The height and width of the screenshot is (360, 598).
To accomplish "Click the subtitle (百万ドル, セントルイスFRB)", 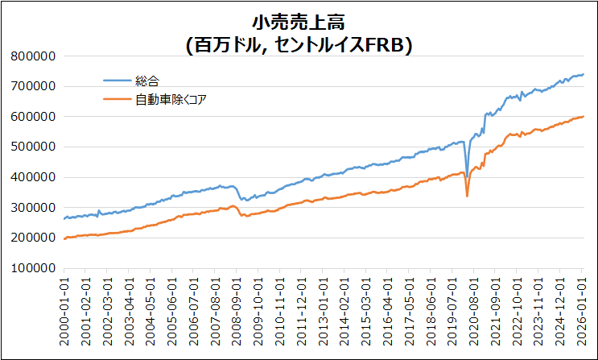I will point(299,45).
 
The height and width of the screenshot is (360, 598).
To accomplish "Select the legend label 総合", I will point(148,81).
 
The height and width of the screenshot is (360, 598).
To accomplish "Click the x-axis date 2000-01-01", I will point(64,309).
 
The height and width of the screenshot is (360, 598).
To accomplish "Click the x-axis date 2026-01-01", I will point(584,309).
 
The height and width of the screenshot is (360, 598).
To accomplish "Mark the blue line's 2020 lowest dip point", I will point(467,175).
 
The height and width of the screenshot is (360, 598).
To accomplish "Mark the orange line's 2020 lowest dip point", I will point(467,196).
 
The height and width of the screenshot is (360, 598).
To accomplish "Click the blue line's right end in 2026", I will point(584,75).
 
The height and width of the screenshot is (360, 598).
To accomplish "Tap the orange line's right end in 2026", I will point(584,117).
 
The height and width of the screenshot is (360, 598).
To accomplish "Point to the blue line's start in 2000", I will point(64,218).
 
